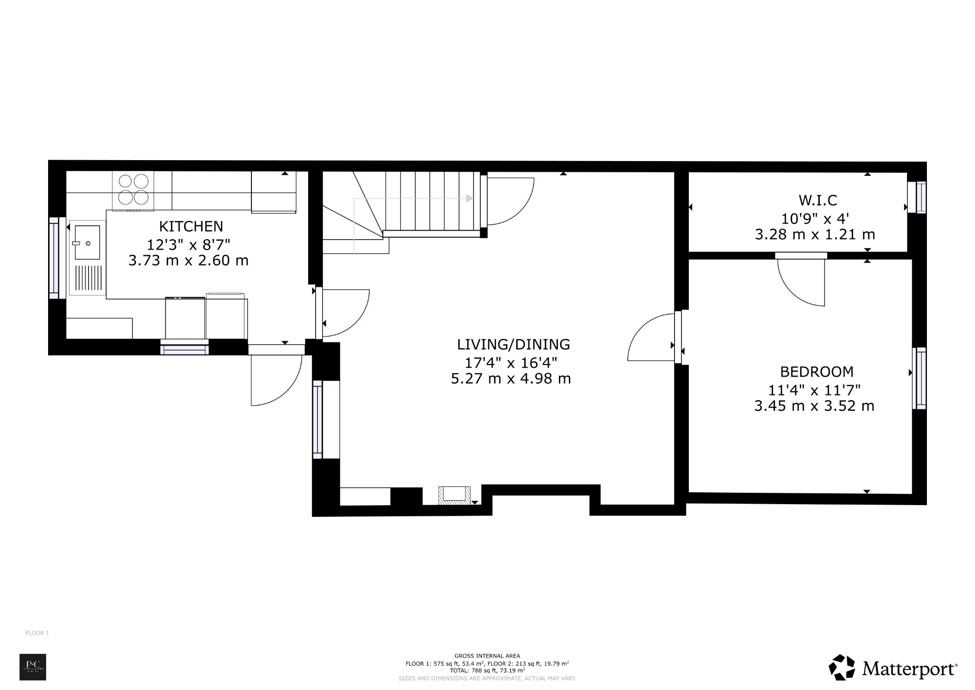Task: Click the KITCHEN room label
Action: pyautogui.click(x=191, y=226)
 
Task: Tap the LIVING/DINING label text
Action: pyautogui.click(x=513, y=344)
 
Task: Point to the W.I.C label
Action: pyautogui.click(x=817, y=200)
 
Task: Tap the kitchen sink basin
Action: pyautogui.click(x=88, y=242)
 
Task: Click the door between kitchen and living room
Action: pyautogui.click(x=343, y=312)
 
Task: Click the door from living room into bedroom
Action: pyautogui.click(x=652, y=338)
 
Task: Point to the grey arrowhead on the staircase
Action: pyautogui.click(x=469, y=198)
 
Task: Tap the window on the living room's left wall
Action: pyautogui.click(x=317, y=419)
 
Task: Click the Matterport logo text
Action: pyautogui.click(x=909, y=669)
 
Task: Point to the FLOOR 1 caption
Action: pyautogui.click(x=37, y=633)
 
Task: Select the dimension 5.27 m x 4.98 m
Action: pyautogui.click(x=511, y=379)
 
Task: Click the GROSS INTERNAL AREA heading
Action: pyautogui.click(x=487, y=656)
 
